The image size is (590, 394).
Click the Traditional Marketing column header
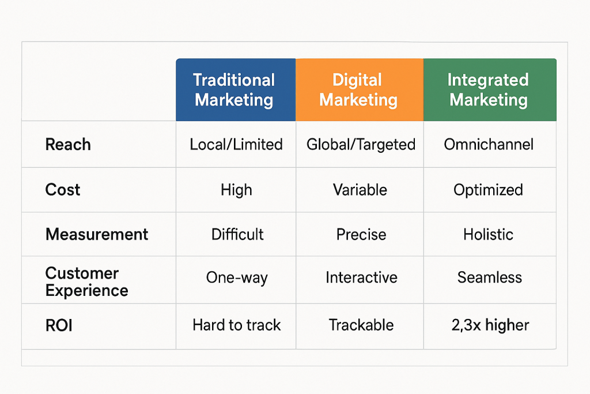(x=236, y=89)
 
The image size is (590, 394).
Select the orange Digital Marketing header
(x=360, y=89)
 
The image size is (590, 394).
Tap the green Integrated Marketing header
(x=490, y=89)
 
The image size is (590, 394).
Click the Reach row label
(x=68, y=145)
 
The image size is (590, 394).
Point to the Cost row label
(x=63, y=189)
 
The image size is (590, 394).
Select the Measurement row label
(x=97, y=234)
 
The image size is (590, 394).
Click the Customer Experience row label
(x=87, y=282)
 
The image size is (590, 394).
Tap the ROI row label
(x=59, y=325)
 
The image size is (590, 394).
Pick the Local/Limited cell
(x=236, y=145)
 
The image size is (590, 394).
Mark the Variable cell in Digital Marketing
(x=360, y=190)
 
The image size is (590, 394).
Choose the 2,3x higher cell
(x=490, y=325)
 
